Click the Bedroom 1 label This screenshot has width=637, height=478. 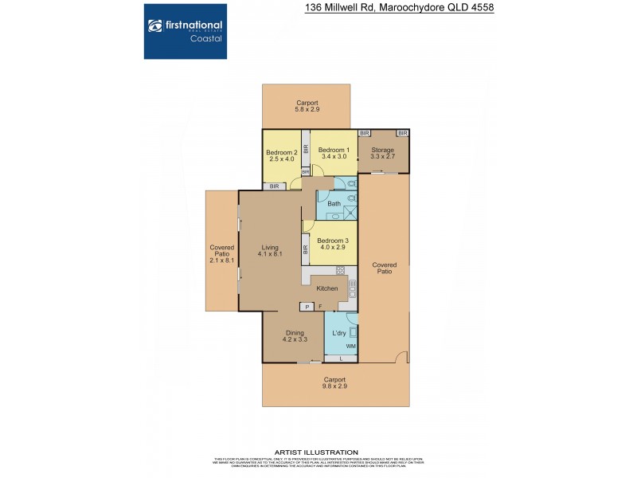pos(333,150)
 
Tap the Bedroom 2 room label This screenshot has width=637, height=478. pos(281,152)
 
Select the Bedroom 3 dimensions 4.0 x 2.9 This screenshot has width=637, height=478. pos(333,248)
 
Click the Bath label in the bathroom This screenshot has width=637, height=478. pos(334,203)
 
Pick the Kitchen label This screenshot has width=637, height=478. pos(327,288)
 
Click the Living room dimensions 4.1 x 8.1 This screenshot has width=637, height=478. pos(270,254)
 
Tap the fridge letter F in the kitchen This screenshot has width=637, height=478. pos(320,307)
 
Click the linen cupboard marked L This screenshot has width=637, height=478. pos(341,358)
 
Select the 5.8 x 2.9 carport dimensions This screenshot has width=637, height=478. pos(307,111)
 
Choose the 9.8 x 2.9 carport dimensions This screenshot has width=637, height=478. pos(335,386)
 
